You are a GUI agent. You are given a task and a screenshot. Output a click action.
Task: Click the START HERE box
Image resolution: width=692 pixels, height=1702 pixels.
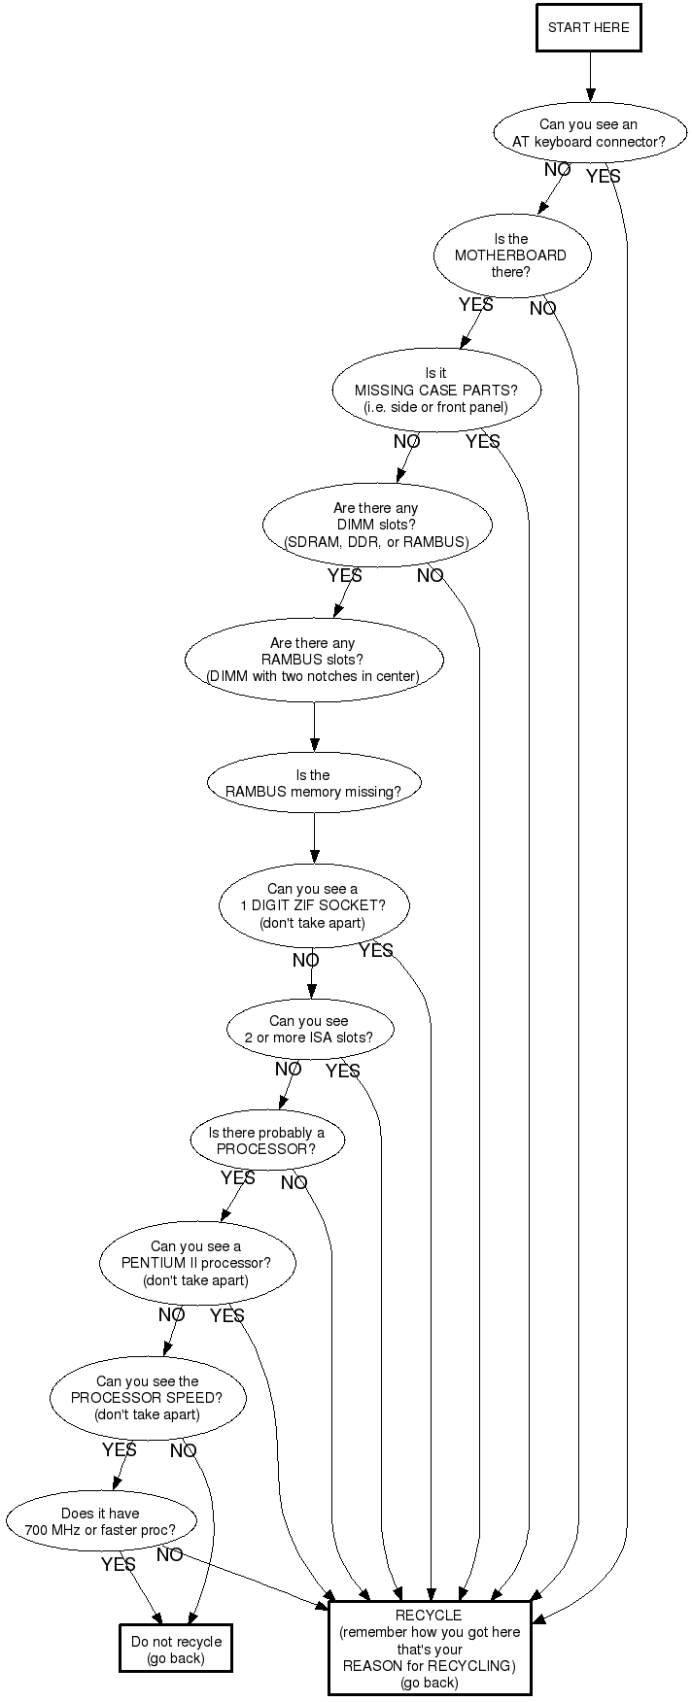589,27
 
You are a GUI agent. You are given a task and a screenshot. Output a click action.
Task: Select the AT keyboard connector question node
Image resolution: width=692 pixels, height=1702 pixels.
589,133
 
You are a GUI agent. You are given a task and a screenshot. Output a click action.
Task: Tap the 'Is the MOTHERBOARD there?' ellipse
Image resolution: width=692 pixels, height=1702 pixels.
511,255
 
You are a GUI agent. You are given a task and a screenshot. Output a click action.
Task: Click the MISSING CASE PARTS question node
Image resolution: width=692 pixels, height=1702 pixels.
435,390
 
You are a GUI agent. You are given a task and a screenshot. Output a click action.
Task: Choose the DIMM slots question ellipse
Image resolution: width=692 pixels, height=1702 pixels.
376,525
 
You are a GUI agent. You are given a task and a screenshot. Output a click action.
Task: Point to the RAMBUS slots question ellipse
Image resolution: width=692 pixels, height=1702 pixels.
313,660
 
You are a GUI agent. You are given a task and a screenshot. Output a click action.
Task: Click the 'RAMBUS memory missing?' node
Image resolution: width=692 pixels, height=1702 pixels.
313,783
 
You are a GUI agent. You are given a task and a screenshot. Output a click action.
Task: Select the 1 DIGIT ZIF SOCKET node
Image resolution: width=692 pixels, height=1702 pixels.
313,905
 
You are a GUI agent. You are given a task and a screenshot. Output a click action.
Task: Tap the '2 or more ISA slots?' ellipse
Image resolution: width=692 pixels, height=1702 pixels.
309,1029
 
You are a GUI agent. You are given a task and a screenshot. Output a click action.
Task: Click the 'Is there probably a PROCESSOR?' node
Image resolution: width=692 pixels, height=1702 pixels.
267,1140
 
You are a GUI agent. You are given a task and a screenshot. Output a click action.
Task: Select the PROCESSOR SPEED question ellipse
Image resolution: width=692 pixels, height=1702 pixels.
148,1398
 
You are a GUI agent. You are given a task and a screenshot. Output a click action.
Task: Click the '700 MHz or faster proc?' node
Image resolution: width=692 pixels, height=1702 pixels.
101,1521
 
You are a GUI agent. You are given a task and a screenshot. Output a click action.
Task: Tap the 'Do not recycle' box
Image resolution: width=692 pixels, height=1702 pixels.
176,1650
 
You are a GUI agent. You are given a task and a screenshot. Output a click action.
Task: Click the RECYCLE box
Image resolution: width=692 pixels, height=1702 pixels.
430,1649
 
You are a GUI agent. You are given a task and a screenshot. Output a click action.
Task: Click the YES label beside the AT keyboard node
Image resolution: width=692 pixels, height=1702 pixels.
603,177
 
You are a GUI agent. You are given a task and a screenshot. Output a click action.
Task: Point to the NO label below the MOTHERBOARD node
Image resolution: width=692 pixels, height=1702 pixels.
542,309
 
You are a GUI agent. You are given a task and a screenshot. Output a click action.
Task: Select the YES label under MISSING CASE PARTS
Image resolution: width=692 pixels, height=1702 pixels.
482,442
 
